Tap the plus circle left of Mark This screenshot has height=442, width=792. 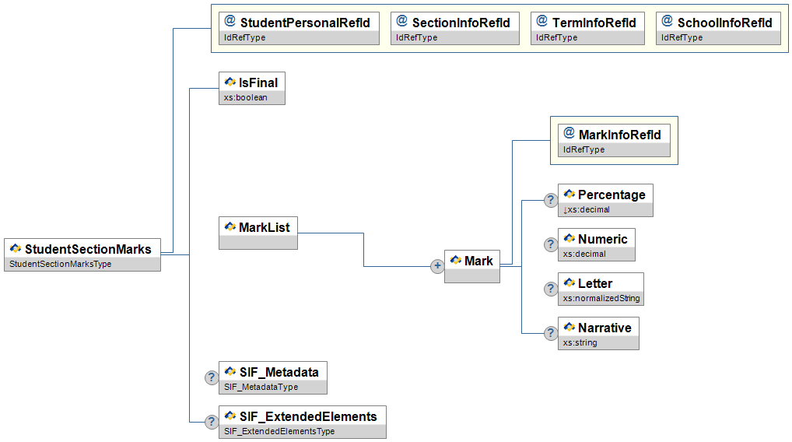click(437, 266)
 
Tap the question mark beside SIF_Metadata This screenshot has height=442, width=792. click(211, 377)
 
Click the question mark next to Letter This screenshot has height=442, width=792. click(550, 289)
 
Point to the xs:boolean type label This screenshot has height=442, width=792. click(246, 97)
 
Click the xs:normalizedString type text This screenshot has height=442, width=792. click(601, 298)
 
